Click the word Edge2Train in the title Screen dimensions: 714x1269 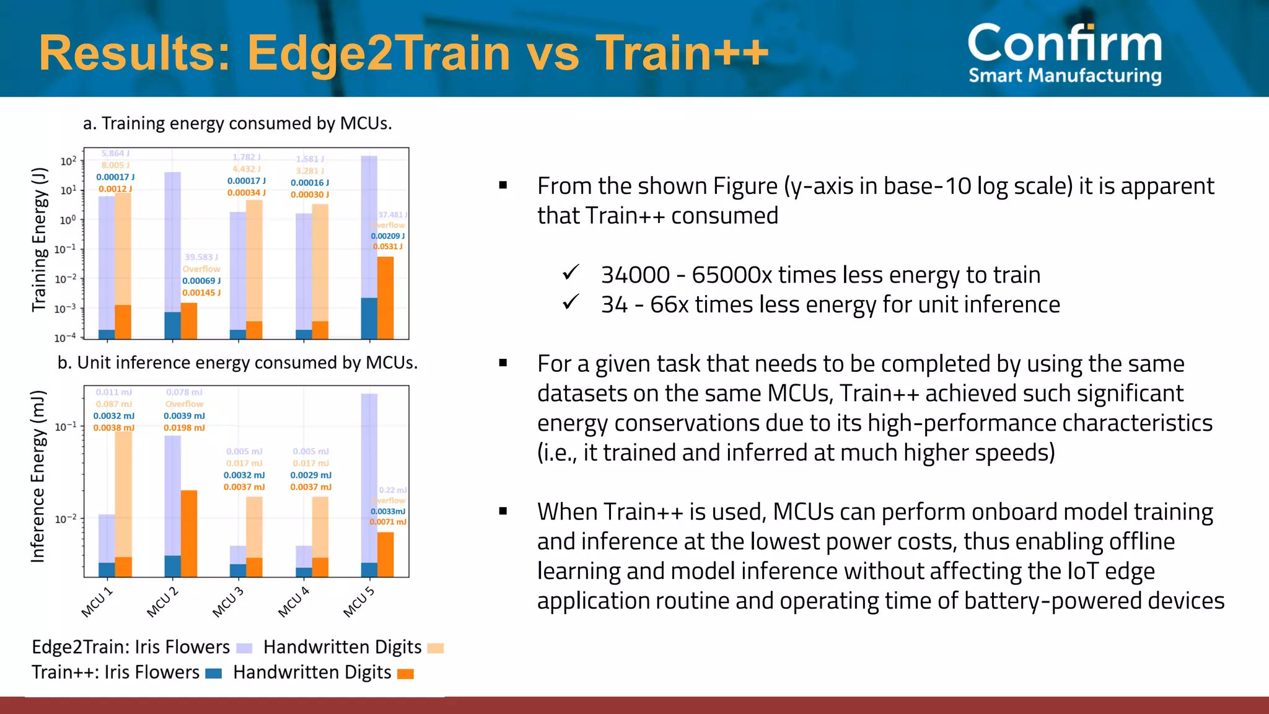378,53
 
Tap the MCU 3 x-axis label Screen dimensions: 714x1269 228,602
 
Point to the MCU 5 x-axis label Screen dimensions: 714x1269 359,602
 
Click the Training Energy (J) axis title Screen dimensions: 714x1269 39,239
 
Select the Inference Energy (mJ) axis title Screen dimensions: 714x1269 38,476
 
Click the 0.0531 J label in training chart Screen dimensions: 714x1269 387,247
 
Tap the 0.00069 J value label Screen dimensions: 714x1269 201,281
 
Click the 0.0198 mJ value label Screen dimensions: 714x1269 184,428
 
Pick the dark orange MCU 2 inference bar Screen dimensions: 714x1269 189,533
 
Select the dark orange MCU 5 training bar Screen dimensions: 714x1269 385,297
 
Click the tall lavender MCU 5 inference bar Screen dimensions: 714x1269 369,477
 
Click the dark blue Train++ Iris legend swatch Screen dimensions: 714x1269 213,674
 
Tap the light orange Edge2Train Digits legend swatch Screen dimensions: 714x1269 436,648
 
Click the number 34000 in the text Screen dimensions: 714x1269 635,275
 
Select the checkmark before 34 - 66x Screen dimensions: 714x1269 571,302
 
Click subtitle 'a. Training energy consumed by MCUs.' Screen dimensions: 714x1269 237,123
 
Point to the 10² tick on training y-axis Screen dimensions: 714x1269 68,161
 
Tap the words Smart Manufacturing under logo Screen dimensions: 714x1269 1065,76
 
